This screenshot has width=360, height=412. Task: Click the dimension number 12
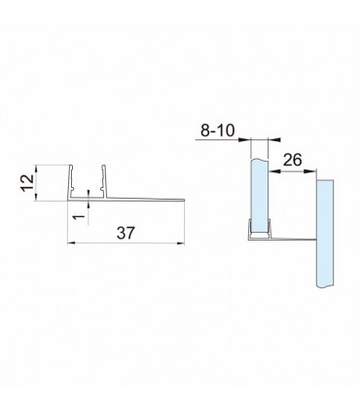click(27, 183)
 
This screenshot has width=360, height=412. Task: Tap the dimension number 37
click(126, 233)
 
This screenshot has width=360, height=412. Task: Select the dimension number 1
click(77, 216)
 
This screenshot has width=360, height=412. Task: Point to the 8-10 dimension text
click(218, 131)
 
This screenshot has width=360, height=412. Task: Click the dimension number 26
click(293, 160)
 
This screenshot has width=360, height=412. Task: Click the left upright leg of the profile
click(70, 182)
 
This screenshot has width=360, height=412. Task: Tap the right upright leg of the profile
click(104, 182)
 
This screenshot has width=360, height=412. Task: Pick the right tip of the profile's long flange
click(184, 200)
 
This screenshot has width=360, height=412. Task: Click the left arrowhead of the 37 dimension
click(71, 243)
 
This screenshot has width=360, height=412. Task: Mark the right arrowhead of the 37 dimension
click(180, 243)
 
